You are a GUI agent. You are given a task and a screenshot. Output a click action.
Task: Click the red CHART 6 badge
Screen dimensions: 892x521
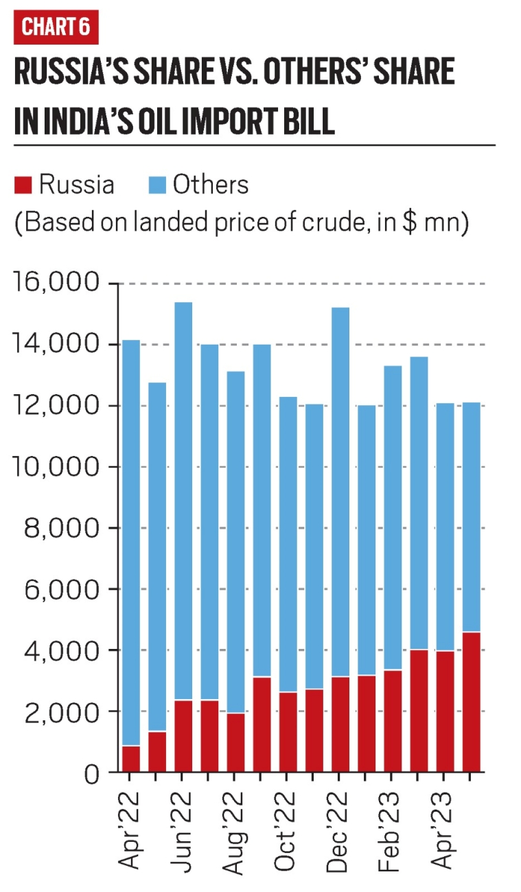(56, 27)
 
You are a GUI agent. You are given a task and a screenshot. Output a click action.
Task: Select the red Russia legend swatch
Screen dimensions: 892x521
(23, 185)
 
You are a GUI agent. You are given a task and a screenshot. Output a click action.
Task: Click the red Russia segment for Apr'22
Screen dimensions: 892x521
(130, 759)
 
